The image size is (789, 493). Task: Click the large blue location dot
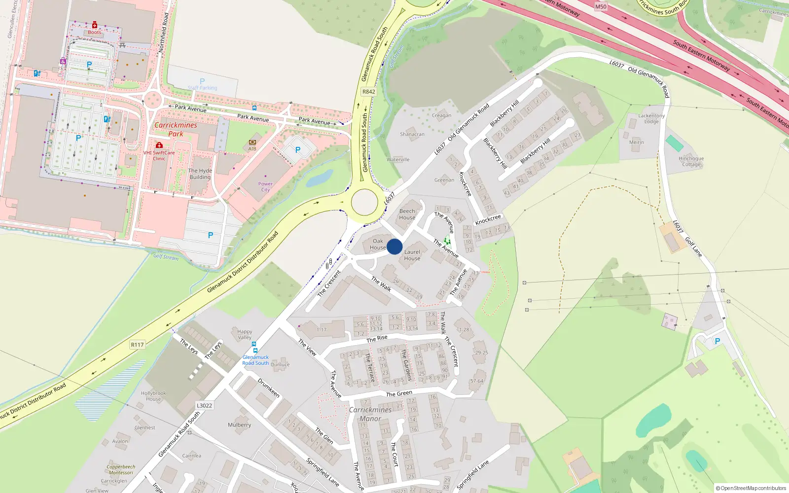click(394, 246)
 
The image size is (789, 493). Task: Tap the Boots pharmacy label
click(95, 33)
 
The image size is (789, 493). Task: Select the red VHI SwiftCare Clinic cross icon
click(159, 145)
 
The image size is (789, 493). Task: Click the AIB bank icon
click(252, 142)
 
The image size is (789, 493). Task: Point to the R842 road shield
click(368, 92)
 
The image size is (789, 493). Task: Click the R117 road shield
click(137, 345)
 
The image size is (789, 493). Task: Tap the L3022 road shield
click(204, 406)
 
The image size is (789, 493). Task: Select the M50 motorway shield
click(601, 6)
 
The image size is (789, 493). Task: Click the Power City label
click(265, 186)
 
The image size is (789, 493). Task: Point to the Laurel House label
click(412, 255)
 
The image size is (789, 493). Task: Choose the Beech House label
click(407, 214)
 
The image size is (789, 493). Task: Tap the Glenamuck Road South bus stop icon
click(254, 345)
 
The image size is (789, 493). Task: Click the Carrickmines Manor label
click(370, 414)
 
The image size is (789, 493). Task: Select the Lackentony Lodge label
click(651, 118)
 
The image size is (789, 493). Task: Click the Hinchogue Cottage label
click(691, 161)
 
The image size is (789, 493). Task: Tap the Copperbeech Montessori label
click(121, 469)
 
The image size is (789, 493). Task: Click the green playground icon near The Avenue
click(447, 241)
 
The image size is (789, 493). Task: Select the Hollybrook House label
click(153, 396)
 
